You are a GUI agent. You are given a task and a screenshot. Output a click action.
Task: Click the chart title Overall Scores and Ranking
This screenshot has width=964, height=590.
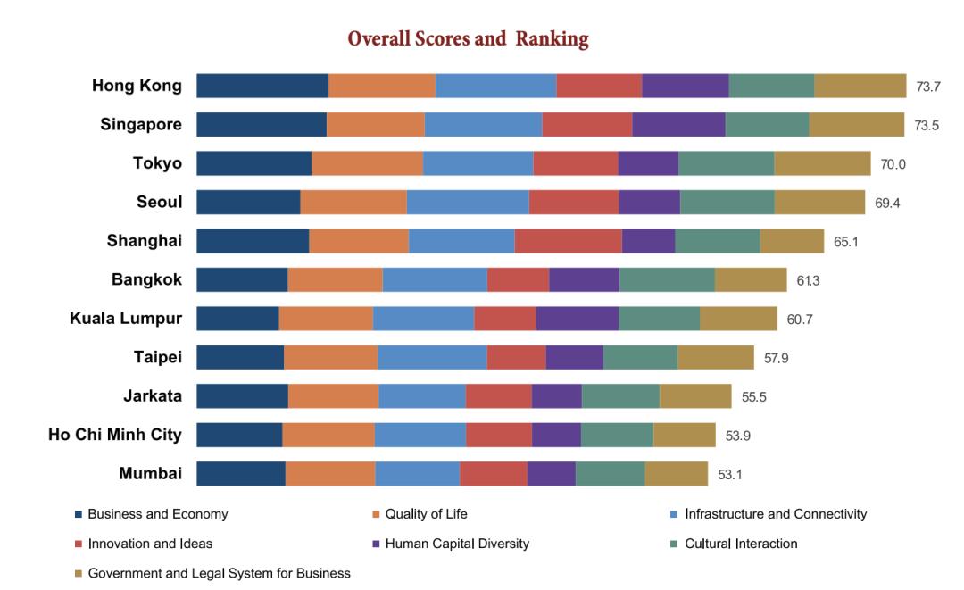tap(468, 39)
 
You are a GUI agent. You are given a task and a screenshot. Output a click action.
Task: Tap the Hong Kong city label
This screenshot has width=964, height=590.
tap(137, 86)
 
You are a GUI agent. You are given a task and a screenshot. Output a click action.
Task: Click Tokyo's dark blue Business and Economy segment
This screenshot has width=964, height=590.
tap(253, 163)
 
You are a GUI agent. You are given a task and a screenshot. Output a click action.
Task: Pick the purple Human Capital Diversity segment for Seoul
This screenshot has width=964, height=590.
tap(649, 203)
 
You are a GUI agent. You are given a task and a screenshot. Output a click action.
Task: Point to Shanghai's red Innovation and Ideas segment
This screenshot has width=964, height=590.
tap(568, 241)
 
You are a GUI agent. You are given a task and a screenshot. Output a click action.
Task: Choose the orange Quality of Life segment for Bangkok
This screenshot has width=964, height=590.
tap(335, 279)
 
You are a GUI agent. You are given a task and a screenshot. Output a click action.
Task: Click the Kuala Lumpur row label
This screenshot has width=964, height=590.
tap(126, 319)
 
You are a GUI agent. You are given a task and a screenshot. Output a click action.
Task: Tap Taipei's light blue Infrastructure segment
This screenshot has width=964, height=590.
tap(432, 357)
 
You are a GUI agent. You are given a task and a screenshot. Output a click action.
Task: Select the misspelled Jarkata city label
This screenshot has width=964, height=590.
tap(153, 395)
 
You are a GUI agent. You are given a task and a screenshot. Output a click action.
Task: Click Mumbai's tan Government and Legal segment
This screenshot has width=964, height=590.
tap(676, 473)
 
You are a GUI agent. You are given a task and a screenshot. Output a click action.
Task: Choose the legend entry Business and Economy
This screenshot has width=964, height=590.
tap(157, 514)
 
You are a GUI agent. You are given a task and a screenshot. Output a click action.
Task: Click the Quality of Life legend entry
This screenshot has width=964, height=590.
tap(426, 514)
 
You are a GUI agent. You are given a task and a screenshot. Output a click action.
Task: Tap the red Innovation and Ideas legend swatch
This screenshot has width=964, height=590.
tap(79, 544)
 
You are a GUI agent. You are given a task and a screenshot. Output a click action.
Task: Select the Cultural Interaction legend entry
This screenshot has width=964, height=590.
tap(741, 544)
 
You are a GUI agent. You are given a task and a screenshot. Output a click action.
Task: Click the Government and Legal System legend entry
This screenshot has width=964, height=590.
tap(219, 573)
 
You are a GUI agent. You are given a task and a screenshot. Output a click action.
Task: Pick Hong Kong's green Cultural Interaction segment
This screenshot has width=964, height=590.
tap(771, 86)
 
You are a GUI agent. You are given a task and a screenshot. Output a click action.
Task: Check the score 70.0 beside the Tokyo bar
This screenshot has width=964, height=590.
tap(893, 164)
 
